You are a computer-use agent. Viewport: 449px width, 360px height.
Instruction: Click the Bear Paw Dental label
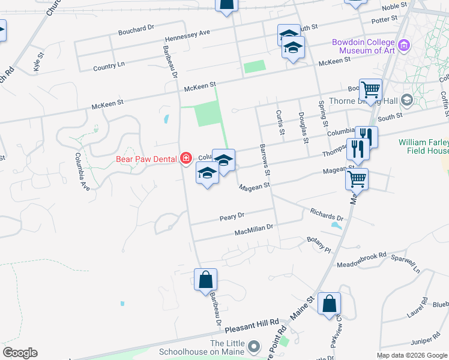click(x=146, y=159)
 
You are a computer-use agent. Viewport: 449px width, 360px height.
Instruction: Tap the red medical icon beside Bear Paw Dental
click(x=186, y=158)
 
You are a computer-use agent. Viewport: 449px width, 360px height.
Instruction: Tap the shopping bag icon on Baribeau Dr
click(x=205, y=280)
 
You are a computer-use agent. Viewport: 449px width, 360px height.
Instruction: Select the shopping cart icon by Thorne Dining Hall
click(x=370, y=90)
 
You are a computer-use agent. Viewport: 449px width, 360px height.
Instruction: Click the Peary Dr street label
click(x=232, y=215)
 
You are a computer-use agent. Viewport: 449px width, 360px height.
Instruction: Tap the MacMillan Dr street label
click(x=254, y=229)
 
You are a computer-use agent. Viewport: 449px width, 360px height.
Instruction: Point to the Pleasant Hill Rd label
click(x=252, y=327)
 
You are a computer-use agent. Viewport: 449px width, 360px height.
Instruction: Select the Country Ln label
click(x=109, y=65)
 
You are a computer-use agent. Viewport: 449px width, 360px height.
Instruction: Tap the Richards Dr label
click(x=327, y=214)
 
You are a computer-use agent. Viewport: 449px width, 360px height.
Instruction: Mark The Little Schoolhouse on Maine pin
click(x=255, y=347)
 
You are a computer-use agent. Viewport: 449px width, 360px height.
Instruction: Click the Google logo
click(x=20, y=353)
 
